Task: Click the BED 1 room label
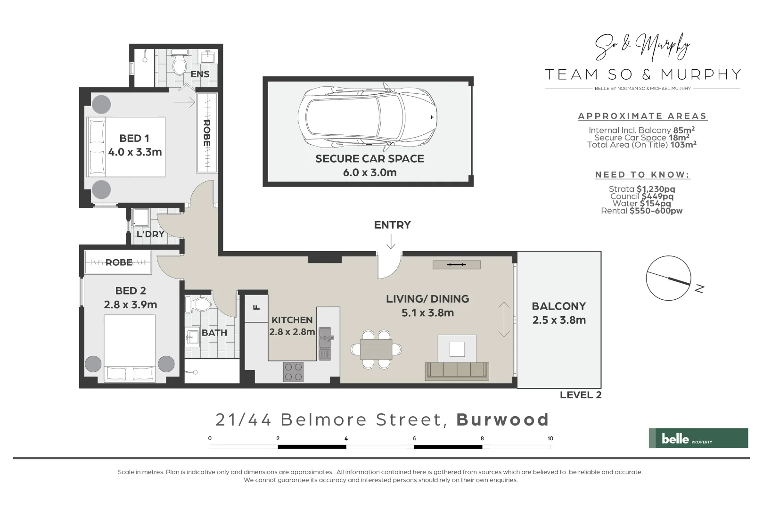click(x=134, y=139)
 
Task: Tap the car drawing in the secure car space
click(x=368, y=116)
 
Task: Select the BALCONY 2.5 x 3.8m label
click(x=559, y=313)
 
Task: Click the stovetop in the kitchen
click(x=293, y=371)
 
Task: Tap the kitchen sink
click(x=325, y=343)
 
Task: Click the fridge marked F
click(x=256, y=308)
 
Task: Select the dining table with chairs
click(x=376, y=349)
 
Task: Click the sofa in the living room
click(x=457, y=371)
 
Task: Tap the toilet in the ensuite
click(x=179, y=65)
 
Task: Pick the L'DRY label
click(x=150, y=234)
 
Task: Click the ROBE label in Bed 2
click(x=119, y=263)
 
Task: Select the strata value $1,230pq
click(x=656, y=189)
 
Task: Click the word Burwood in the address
click(x=502, y=419)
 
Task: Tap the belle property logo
click(x=698, y=438)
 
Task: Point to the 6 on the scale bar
click(x=414, y=438)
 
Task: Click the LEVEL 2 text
click(x=580, y=395)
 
